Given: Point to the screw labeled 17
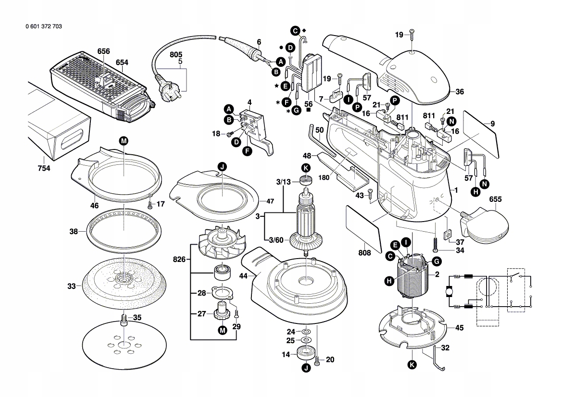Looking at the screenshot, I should pos(150,204).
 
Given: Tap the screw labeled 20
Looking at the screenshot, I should pos(317,360).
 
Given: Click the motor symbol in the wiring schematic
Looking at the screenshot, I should pos(450,291).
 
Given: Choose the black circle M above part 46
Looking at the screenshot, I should pos(124,141).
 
